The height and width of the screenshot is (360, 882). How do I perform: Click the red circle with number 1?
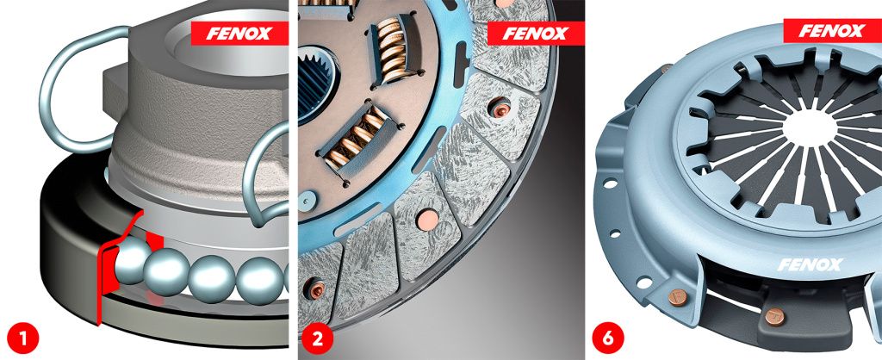click(x=23, y=338)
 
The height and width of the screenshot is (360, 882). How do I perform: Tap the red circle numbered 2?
click(x=317, y=338)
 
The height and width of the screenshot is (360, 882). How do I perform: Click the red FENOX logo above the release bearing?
click(x=239, y=34)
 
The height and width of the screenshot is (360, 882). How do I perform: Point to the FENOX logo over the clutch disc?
click(x=535, y=34)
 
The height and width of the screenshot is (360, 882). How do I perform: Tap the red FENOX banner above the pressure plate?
click(x=833, y=30)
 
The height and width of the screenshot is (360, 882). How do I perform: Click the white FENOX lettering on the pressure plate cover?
click(x=810, y=264)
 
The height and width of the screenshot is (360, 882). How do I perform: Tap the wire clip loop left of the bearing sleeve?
click(x=78, y=90)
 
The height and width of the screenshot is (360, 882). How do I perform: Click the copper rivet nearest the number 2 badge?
click(x=315, y=289)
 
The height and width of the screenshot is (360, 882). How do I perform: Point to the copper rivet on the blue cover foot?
click(x=677, y=296)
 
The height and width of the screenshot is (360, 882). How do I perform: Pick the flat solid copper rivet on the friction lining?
click(x=427, y=220)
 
